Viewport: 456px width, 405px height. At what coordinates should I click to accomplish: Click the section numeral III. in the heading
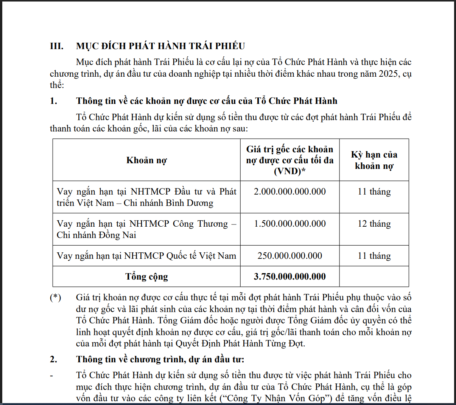point(56,46)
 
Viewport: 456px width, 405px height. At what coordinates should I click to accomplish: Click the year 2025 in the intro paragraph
point(388,73)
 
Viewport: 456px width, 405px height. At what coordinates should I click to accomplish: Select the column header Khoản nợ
point(146,160)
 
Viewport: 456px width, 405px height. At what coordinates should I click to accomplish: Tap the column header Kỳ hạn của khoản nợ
point(374,160)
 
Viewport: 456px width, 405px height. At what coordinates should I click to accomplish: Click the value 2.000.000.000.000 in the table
point(289,192)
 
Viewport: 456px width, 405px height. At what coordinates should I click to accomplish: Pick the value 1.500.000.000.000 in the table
point(289,224)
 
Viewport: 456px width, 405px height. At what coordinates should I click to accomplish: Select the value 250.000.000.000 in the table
point(289,256)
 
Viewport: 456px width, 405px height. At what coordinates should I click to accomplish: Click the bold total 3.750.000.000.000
point(289,277)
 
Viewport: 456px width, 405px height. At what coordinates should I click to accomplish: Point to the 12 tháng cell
point(374,224)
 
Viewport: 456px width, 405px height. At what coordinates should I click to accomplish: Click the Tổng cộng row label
point(146,277)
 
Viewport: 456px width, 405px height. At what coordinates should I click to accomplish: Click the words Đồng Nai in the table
point(117,235)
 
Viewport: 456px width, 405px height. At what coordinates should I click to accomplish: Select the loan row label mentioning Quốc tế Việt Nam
point(146,256)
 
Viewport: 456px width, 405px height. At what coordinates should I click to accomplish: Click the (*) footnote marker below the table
point(55,298)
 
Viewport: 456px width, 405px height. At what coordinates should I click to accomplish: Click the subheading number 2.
point(53,359)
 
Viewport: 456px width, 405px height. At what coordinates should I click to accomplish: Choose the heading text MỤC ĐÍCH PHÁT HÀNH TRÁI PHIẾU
point(160,46)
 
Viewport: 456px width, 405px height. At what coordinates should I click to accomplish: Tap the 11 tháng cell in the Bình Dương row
point(374,192)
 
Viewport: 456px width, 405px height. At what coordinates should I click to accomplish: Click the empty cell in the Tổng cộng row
point(374,277)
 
